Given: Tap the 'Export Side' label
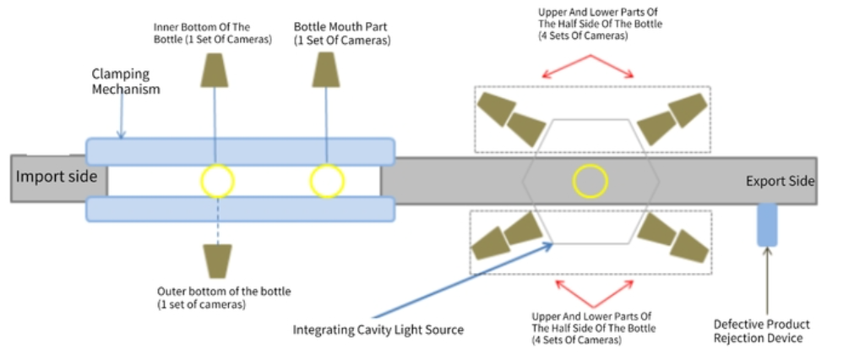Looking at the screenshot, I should [x=780, y=181].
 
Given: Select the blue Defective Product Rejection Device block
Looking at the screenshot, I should [x=767, y=225].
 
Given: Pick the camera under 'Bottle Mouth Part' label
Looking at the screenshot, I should [x=326, y=70].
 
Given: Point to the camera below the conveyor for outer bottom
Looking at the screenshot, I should [x=218, y=259].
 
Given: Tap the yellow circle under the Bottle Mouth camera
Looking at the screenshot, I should [x=327, y=180].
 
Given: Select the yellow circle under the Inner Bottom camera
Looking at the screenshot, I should [x=217, y=180].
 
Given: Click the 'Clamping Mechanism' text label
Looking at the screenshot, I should [x=126, y=81].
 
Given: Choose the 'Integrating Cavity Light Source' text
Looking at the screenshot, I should [x=378, y=330].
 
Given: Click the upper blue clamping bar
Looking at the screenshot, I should [x=240, y=151].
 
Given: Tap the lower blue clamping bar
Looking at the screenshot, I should [x=240, y=209].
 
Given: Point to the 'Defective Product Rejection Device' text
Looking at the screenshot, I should [x=762, y=330].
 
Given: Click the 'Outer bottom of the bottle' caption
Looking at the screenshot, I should [x=224, y=297].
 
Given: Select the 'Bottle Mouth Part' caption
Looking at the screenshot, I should [x=342, y=33].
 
